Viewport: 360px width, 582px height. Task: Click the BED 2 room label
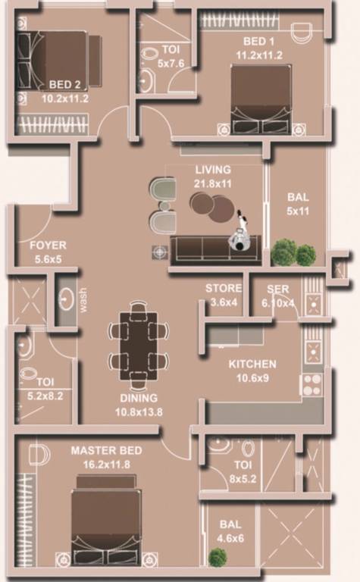click(x=66, y=84)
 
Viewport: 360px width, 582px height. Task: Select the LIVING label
click(x=213, y=170)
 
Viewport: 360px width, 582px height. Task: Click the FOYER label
click(x=48, y=246)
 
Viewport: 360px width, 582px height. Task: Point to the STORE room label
click(x=224, y=289)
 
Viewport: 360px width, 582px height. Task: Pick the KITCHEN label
click(x=252, y=364)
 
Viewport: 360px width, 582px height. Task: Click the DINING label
click(x=138, y=398)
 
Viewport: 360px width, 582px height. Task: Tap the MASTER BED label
click(x=106, y=450)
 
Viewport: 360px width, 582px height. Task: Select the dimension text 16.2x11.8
click(x=106, y=462)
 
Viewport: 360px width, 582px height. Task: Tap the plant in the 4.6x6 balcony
click(x=218, y=557)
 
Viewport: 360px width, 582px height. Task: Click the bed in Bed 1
click(x=260, y=99)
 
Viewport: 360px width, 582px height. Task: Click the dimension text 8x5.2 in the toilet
click(x=243, y=477)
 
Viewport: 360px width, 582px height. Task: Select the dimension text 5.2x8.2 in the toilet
click(x=46, y=396)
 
